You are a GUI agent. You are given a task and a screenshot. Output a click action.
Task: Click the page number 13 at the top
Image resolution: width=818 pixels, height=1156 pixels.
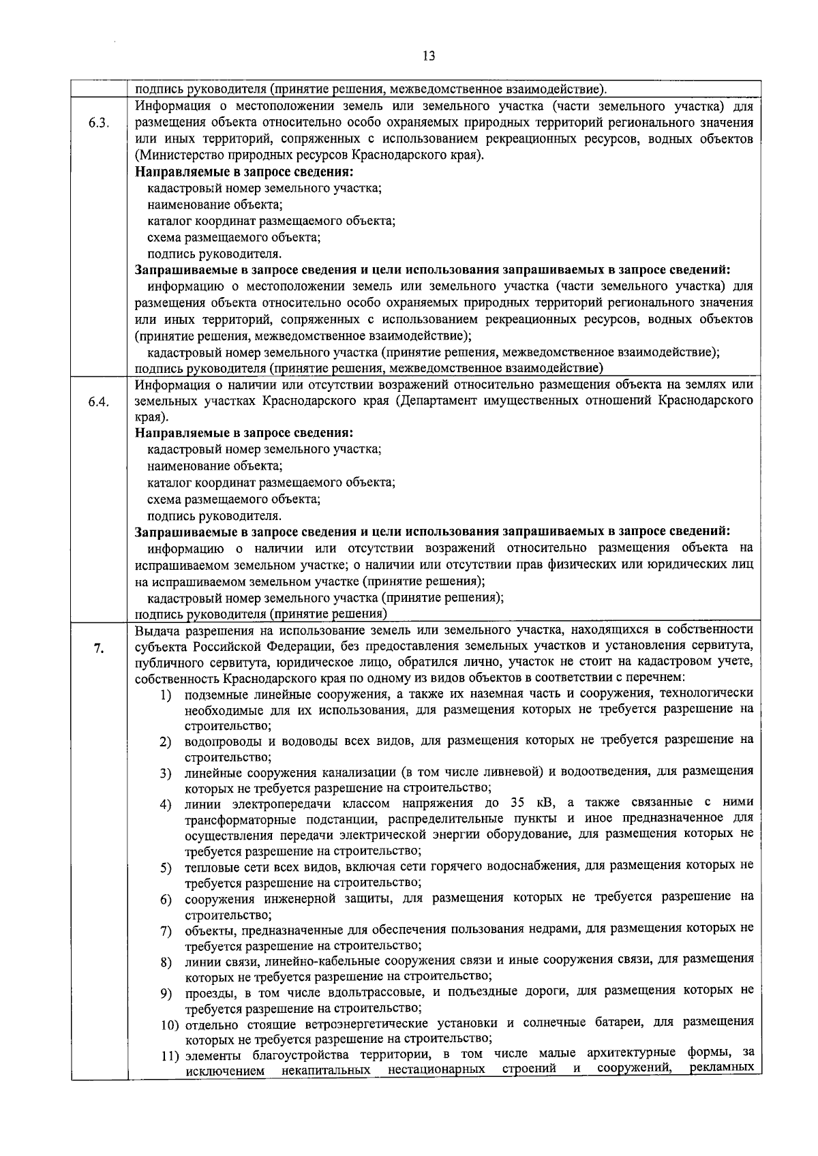point(429,56)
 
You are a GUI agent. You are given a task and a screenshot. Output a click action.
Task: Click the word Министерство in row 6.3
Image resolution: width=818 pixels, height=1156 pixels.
point(175,155)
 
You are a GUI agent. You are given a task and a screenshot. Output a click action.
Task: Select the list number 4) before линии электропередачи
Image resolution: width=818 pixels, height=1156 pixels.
point(166,805)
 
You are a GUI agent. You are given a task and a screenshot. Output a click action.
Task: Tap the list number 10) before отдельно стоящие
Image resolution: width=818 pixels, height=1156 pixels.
point(170,1024)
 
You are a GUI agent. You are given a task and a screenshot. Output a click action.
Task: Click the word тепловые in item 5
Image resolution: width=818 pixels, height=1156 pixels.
point(209,866)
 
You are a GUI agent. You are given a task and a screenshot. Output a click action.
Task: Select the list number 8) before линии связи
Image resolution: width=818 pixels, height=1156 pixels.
point(166,962)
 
